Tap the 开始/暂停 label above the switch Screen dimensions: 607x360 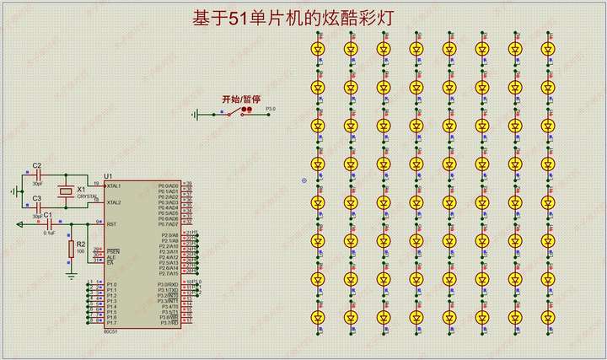point(236,99)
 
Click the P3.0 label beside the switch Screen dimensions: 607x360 point(271,109)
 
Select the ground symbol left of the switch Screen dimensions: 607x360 point(196,115)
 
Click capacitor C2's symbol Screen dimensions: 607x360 point(37,175)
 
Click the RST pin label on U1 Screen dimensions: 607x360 point(110,224)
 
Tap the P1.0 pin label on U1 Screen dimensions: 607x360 point(111,285)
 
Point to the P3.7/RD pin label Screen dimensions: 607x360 point(168,323)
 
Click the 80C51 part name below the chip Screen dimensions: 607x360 point(110,330)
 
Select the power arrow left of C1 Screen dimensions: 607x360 point(20,224)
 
